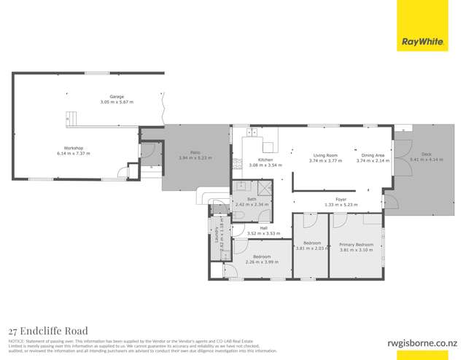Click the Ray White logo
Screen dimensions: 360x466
(422, 42)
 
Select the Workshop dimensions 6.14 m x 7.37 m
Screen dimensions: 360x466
(72, 154)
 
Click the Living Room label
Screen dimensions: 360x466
(325, 155)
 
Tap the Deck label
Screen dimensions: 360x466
(426, 154)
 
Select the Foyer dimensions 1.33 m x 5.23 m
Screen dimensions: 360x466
(341, 204)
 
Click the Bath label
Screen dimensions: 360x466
(252, 199)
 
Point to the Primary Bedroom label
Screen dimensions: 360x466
(357, 245)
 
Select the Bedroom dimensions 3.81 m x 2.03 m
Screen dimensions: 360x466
(312, 249)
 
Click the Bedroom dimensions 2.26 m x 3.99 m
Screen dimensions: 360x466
(262, 261)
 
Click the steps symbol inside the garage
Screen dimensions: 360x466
(71, 118)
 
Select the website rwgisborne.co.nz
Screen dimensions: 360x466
(422, 342)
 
